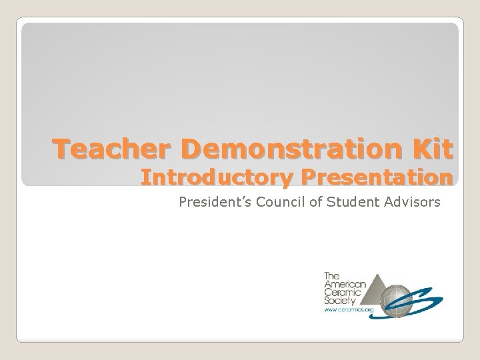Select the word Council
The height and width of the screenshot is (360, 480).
(275, 201)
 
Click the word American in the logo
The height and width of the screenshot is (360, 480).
(341, 283)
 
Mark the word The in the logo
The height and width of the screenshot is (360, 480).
(331, 275)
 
